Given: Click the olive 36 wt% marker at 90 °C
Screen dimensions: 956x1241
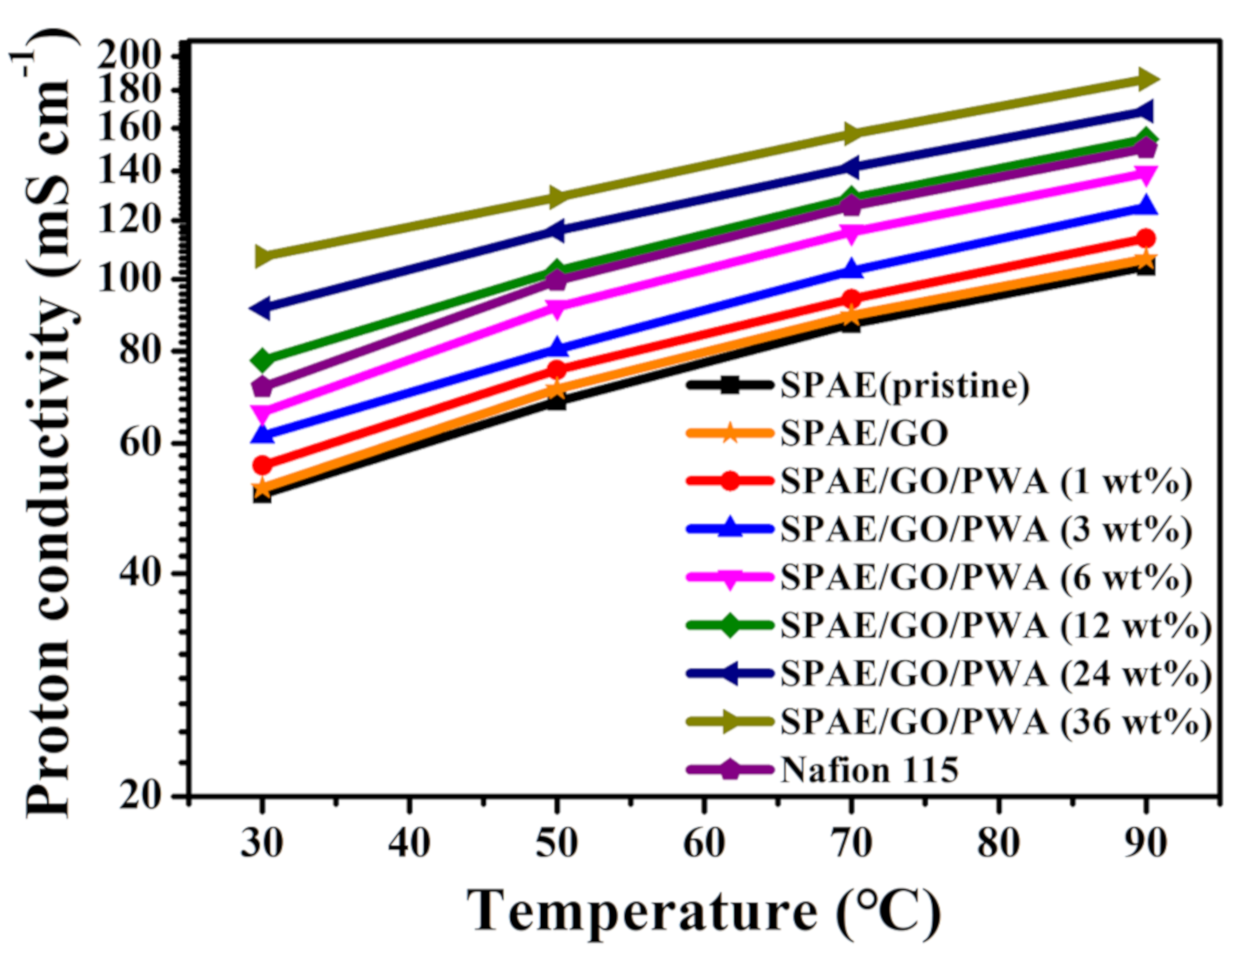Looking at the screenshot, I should tap(1145, 80).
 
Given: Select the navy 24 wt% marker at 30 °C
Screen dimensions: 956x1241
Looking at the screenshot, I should tap(262, 307).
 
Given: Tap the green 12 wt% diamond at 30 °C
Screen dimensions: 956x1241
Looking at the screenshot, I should tap(262, 360).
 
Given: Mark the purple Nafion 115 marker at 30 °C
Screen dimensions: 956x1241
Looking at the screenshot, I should tap(262, 387).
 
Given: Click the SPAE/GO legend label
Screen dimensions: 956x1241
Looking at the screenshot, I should tap(864, 434).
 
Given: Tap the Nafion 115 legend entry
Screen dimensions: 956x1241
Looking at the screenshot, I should tap(869, 770).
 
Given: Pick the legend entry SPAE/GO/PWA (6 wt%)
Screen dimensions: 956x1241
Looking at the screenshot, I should tap(986, 578).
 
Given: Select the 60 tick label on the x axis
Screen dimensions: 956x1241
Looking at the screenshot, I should tap(704, 844).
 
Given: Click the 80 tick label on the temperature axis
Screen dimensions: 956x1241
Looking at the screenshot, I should tap(999, 844).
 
